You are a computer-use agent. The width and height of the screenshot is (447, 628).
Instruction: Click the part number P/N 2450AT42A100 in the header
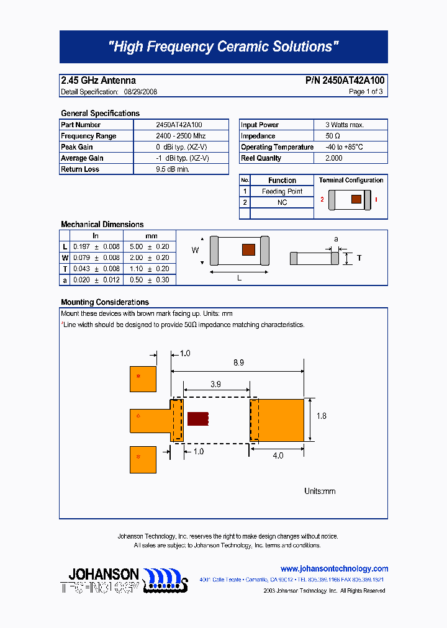(x=345, y=81)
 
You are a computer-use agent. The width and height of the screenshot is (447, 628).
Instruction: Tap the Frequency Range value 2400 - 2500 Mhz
(x=181, y=136)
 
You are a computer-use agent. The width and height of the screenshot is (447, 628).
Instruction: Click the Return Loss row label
(x=80, y=169)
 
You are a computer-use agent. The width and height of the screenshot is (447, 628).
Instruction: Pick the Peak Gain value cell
(x=181, y=147)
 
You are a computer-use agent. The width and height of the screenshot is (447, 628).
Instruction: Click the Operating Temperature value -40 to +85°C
(x=344, y=147)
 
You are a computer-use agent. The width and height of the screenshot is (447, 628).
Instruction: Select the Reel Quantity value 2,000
(x=333, y=158)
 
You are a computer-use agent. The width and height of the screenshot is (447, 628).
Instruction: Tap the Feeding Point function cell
(x=282, y=192)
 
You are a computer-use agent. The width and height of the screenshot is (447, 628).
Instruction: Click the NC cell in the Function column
(x=282, y=203)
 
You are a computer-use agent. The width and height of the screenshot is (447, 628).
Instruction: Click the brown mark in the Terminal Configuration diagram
(x=356, y=199)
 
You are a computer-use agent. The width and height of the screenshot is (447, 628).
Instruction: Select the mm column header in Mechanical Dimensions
(x=151, y=236)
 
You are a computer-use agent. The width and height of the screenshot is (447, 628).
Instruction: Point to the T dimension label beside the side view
(x=359, y=258)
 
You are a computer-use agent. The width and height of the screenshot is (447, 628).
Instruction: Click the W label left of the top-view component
(x=194, y=250)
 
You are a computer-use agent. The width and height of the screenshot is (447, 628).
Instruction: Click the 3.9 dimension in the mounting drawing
(x=215, y=384)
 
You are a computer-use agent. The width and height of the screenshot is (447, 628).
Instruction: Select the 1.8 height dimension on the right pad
(x=321, y=416)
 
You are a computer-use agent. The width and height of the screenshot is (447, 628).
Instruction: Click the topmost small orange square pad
(x=143, y=379)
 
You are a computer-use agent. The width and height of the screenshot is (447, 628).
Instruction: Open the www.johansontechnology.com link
(x=334, y=568)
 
